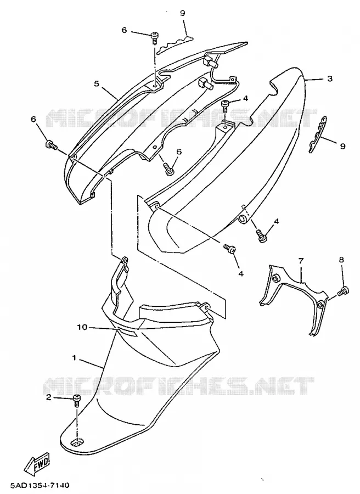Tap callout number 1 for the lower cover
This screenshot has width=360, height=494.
[74, 357]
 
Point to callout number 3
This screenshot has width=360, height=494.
[330, 78]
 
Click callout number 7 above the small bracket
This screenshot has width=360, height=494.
[301, 261]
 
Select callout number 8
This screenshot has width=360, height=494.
[341, 260]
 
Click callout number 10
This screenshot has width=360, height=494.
[82, 327]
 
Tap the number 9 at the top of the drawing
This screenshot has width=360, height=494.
[182, 13]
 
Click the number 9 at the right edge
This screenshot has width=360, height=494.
[342, 146]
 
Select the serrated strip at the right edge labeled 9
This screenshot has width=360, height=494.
[317, 134]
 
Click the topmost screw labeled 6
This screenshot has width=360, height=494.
[155, 37]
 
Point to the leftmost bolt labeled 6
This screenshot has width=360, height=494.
[50, 145]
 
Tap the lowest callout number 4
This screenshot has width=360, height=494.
[241, 273]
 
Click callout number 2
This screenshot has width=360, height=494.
[48, 397]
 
